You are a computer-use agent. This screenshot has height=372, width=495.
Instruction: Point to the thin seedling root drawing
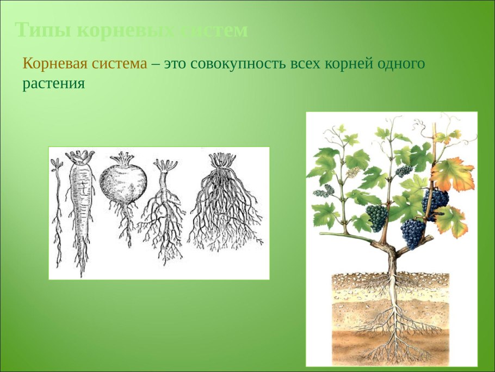pyautogui.click(x=57, y=212)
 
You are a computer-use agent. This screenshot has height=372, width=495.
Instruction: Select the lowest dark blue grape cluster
pyautogui.click(x=414, y=233)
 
